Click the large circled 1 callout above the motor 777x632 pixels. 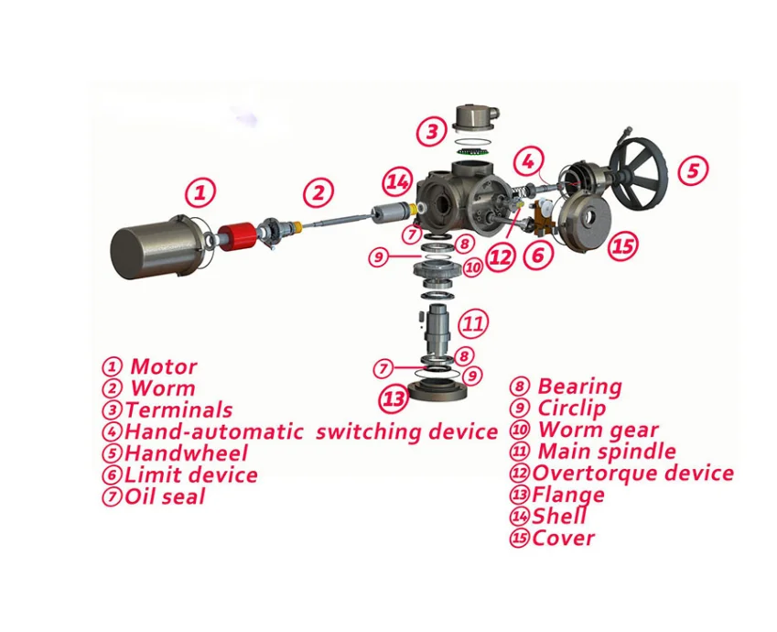[x=201, y=192]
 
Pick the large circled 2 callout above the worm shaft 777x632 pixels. [x=318, y=192]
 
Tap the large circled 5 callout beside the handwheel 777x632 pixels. [x=693, y=169]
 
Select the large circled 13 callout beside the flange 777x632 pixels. [x=394, y=399]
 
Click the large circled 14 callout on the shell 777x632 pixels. [x=397, y=182]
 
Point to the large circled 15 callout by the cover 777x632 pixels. [x=622, y=245]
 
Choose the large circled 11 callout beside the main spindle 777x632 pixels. [x=472, y=322]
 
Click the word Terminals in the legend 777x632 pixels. [x=179, y=409]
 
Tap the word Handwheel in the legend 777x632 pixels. [x=187, y=452]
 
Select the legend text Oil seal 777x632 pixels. [x=166, y=496]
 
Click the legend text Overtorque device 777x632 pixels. [x=633, y=473]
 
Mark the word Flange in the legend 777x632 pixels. [x=568, y=495]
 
